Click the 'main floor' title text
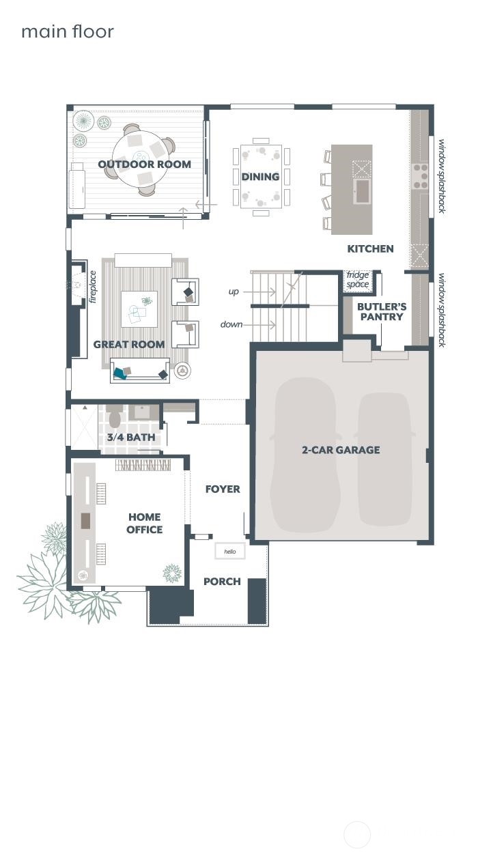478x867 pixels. point(67,31)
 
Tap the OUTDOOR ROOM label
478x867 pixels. point(144,164)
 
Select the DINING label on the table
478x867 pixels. point(260,177)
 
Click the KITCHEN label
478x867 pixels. point(370,248)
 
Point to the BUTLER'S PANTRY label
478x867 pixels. point(381,312)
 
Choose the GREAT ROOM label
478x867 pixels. point(129,344)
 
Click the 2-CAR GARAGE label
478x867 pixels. point(341,450)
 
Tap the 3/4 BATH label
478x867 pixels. point(130,438)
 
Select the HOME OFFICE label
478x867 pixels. point(144,523)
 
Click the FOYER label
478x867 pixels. point(223,489)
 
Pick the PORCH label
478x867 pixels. point(222,582)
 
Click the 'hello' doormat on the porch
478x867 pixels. point(230,551)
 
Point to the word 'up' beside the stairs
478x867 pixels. point(234,292)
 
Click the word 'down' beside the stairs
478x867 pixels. point(231,324)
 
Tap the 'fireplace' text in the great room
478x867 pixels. point(93,287)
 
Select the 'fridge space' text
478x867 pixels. point(358,280)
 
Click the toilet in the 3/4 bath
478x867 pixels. point(115,416)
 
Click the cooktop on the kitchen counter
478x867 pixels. point(419,176)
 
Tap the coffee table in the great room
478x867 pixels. point(139,309)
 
